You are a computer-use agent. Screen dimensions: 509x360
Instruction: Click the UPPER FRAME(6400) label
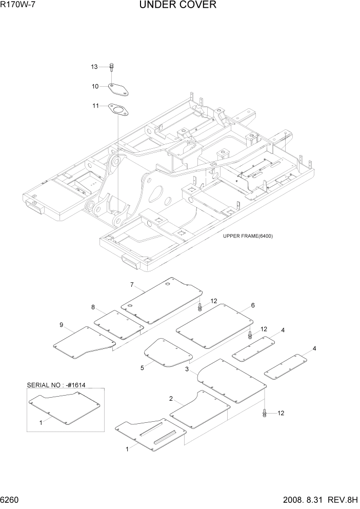(x=248, y=236)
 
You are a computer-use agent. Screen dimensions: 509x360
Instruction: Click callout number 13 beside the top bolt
(x=94, y=67)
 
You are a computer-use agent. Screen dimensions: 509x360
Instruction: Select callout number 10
(x=95, y=86)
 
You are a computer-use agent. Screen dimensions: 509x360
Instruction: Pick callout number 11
(x=95, y=106)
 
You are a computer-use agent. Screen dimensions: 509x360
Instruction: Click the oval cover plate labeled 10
(x=118, y=88)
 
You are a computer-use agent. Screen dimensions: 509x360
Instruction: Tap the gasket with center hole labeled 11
(x=118, y=109)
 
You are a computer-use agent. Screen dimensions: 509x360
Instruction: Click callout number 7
(x=132, y=285)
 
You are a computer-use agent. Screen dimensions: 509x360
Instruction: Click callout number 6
(x=253, y=305)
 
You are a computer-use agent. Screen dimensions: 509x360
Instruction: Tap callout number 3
(x=188, y=369)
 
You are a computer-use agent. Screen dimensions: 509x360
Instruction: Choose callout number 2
(x=171, y=398)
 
